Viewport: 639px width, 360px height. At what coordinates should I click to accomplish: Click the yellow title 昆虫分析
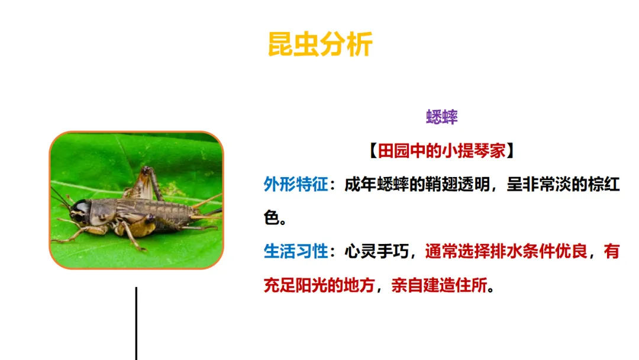pyautogui.click(x=320, y=45)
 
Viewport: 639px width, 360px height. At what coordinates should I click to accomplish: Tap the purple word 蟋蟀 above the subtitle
pyautogui.click(x=442, y=117)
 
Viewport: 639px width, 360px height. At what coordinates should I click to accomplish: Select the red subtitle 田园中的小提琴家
pyautogui.click(x=442, y=151)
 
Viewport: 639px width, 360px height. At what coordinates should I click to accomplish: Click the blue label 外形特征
pyautogui.click(x=295, y=185)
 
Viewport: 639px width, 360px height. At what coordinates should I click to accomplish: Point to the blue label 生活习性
pyautogui.click(x=295, y=252)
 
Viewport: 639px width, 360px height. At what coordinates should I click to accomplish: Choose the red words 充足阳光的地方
pyautogui.click(x=319, y=285)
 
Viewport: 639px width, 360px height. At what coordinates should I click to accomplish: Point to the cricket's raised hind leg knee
pyautogui.click(x=146, y=171)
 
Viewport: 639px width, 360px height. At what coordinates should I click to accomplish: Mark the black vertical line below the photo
pyautogui.click(x=136, y=323)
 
